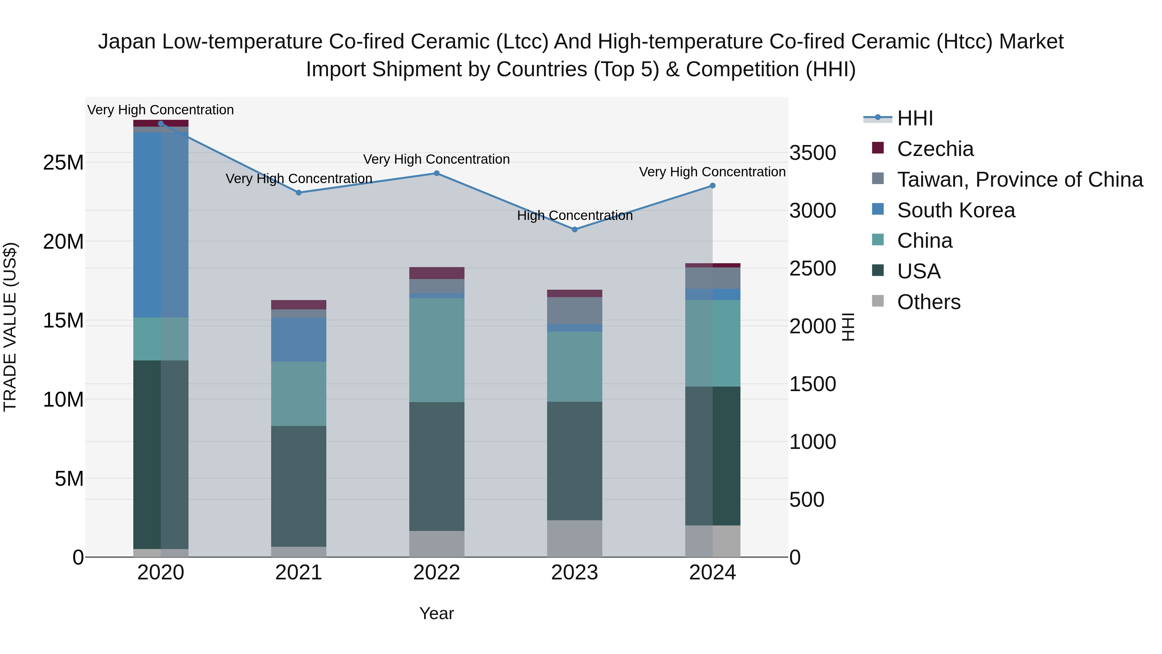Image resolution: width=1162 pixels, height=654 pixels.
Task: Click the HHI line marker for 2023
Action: [574, 229]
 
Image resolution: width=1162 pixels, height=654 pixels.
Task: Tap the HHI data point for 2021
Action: [299, 193]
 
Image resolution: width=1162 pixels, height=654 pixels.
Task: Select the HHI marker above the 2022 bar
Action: [437, 173]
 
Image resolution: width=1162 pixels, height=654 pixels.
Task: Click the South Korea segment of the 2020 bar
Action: [161, 225]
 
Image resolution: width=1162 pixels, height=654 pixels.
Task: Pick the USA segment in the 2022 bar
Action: [437, 466]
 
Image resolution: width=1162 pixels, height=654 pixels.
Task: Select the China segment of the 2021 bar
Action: [299, 394]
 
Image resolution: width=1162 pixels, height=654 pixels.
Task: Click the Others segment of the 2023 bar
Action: [574, 538]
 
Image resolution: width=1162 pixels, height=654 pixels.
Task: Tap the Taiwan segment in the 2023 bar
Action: [574, 310]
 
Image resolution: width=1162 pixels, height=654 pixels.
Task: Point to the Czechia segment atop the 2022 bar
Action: [437, 273]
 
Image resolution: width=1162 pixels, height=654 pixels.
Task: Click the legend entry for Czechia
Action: [935, 149]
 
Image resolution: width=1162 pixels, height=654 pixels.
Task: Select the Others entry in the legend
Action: [928, 302]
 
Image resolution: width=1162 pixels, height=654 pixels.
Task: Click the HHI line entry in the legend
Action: [914, 118]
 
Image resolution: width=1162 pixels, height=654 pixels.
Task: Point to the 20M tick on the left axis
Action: [63, 242]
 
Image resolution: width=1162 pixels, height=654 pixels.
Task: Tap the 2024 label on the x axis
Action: [712, 573]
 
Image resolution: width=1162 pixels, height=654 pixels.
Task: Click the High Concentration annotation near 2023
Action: [575, 216]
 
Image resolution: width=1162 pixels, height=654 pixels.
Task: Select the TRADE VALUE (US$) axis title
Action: [10, 327]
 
